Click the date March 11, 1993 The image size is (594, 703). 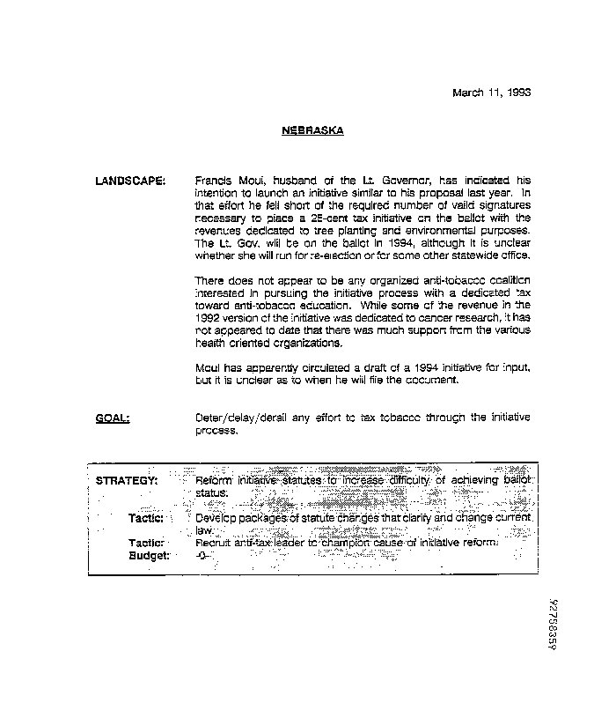[x=492, y=92]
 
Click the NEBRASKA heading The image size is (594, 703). [x=312, y=131]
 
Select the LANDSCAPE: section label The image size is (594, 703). [x=129, y=180]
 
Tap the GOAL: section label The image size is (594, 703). [x=112, y=418]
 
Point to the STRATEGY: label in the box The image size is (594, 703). [x=127, y=480]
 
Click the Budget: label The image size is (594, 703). [x=149, y=556]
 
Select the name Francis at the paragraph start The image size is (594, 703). [x=211, y=180]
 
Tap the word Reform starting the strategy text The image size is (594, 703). [x=214, y=480]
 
